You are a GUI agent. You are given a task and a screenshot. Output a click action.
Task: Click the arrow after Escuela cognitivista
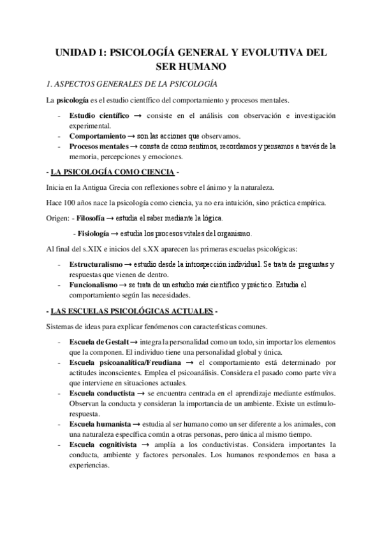[x=145, y=444]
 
